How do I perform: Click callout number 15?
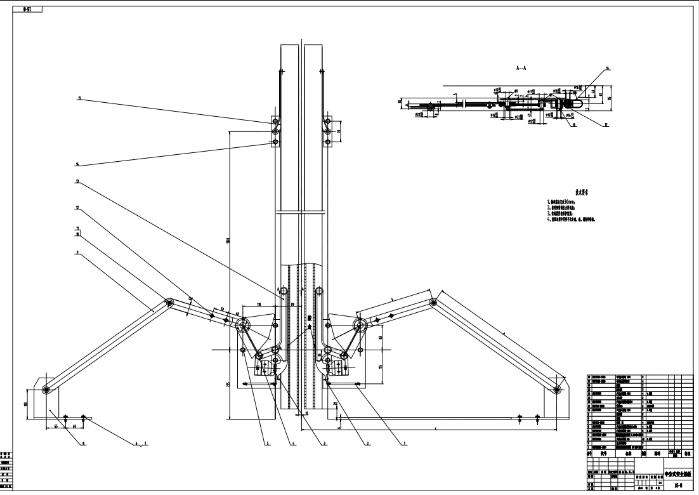80,98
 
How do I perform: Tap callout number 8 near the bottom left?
83,444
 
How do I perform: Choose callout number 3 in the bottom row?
324,444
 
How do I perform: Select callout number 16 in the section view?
607,68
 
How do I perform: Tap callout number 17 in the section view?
606,126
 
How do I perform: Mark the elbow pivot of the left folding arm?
169,303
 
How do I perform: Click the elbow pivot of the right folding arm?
433,302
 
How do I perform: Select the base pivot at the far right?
557,390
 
